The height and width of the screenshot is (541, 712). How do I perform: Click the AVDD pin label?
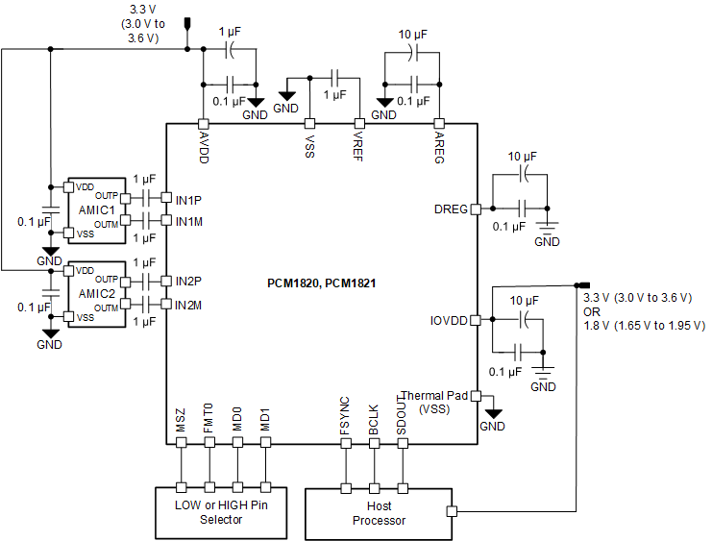tap(204, 147)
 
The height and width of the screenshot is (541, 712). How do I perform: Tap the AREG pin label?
tap(439, 147)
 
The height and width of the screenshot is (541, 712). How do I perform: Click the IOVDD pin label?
tap(448, 321)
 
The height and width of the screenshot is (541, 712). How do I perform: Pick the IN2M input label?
tap(188, 306)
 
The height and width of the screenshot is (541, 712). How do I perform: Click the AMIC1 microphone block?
tap(96, 209)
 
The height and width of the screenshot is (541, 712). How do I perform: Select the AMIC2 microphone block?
tap(96, 293)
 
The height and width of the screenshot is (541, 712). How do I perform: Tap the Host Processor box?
tap(379, 513)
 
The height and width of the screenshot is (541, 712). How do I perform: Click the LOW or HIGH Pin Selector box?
tap(221, 512)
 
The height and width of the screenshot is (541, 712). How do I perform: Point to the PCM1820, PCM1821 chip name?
tap(321, 284)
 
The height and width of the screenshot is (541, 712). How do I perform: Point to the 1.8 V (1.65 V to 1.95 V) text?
tap(644, 326)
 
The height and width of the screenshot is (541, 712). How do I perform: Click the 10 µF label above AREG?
tap(412, 34)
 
